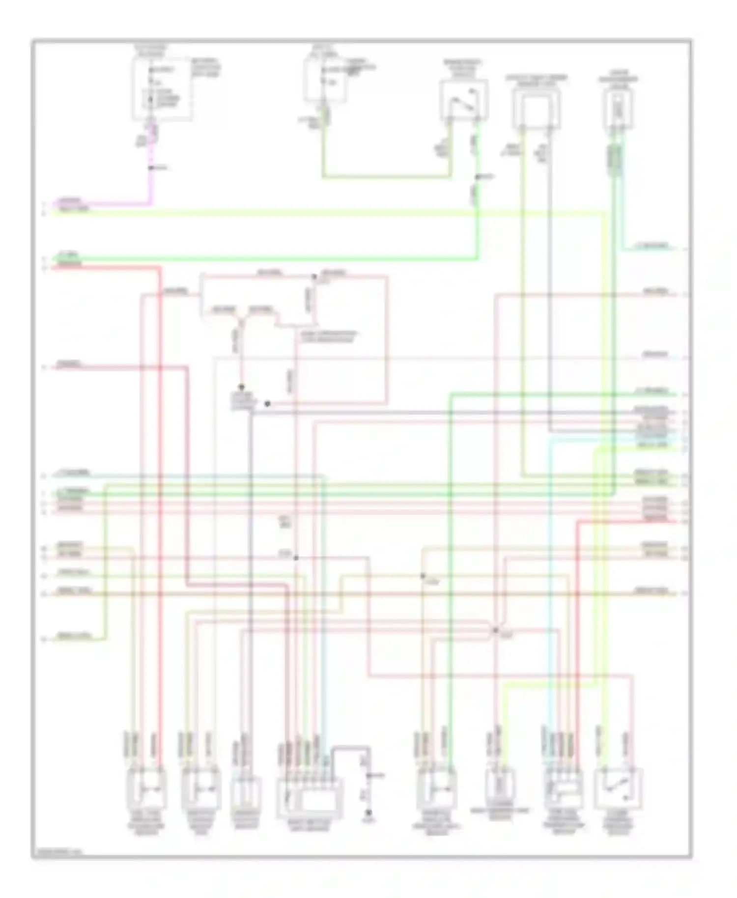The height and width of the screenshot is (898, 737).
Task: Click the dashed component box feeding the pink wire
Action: point(161,88)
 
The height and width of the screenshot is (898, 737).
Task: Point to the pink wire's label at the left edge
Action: point(69,201)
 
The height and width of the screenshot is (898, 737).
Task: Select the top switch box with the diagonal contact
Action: point(464,99)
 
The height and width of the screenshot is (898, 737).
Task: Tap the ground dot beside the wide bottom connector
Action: point(368,813)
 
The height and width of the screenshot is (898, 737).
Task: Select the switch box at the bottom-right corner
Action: point(618,788)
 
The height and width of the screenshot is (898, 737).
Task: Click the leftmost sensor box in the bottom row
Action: point(146,788)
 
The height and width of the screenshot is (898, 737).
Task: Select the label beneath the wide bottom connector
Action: point(309,824)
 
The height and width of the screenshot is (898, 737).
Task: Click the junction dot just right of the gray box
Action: point(267,404)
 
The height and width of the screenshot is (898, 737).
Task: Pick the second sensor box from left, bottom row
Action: point(200,788)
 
